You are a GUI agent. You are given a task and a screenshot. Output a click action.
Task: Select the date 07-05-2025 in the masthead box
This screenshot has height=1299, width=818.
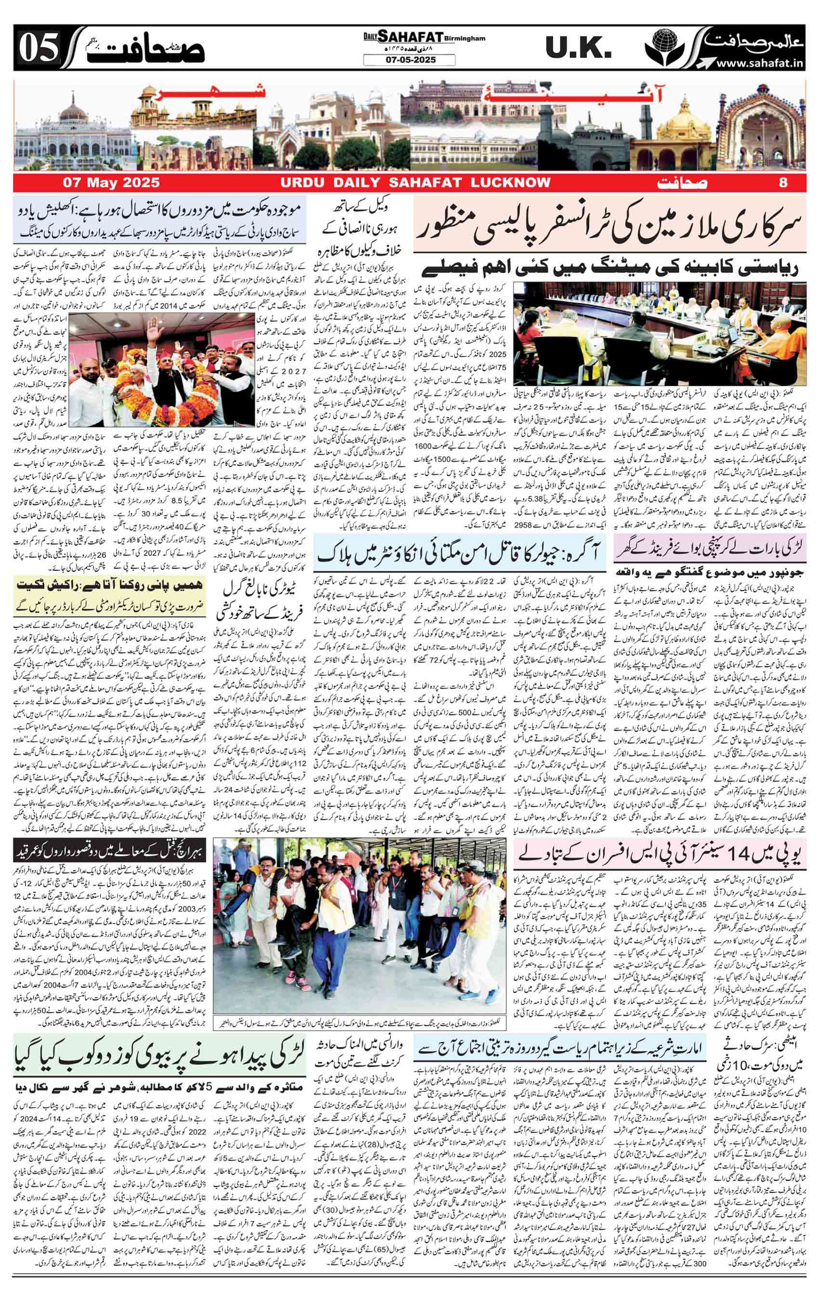click(x=409, y=60)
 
